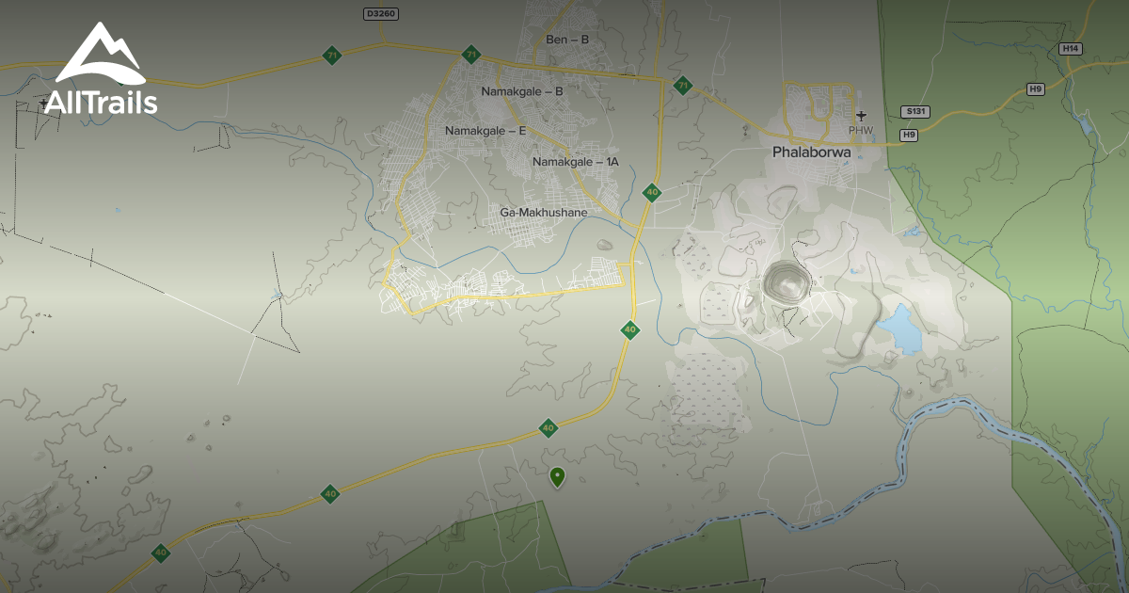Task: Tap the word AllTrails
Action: click(101, 102)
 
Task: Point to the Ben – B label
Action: click(567, 40)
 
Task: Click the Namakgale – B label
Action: click(522, 91)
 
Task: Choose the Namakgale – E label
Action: click(485, 131)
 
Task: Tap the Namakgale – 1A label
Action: click(576, 162)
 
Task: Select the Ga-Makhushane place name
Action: click(544, 213)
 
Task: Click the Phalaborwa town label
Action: click(812, 151)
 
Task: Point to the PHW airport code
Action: click(861, 130)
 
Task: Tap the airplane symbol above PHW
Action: click(861, 116)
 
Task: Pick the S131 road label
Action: click(914, 111)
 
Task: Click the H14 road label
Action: click(1071, 48)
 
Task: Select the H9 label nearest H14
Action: click(1036, 88)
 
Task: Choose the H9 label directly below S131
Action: click(909, 136)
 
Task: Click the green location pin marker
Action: click(557, 477)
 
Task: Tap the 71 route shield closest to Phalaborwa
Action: click(683, 86)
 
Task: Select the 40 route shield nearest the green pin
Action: click(549, 428)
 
